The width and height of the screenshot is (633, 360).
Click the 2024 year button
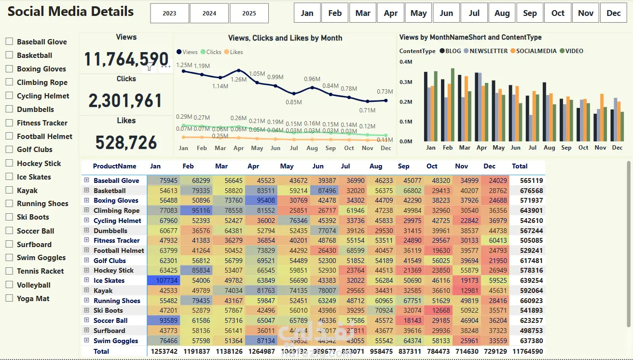(x=209, y=14)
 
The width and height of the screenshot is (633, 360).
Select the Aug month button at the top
(x=502, y=13)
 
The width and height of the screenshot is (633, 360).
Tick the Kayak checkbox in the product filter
(x=9, y=190)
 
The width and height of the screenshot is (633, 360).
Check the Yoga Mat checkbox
(x=9, y=298)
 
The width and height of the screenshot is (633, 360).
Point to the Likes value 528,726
(x=126, y=142)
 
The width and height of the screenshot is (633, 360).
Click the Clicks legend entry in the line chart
(x=211, y=52)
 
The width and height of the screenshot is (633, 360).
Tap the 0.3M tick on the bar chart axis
(x=406, y=82)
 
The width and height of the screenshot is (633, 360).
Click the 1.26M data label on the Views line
(x=238, y=79)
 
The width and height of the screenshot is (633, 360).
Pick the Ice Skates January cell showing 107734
(x=165, y=280)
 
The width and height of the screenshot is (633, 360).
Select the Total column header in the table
(x=520, y=166)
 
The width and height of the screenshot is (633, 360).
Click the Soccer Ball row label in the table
(x=110, y=320)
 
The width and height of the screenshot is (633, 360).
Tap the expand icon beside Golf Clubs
(x=87, y=260)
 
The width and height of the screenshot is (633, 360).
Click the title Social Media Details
(x=70, y=12)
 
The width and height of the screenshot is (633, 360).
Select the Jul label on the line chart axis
(x=294, y=148)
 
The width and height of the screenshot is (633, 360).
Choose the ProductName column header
(x=114, y=166)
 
